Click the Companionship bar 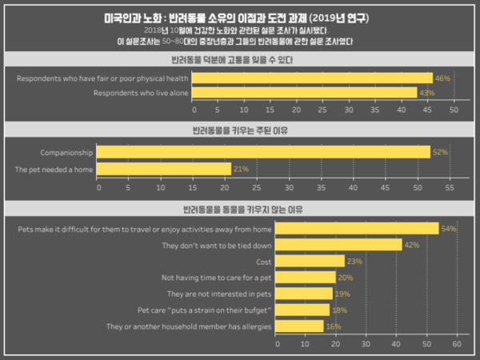[264, 152]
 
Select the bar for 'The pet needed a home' [164, 169]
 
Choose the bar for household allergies [300, 326]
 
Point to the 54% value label [449, 229]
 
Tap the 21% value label [241, 169]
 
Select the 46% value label [442, 78]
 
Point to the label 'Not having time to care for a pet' [217, 277]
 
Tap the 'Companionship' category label [66, 152]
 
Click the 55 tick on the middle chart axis [449, 187]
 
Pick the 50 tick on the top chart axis [454, 109]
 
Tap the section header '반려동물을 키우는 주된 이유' [240, 130]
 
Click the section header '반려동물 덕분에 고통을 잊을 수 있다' [240, 60]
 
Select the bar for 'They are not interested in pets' [305, 294]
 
